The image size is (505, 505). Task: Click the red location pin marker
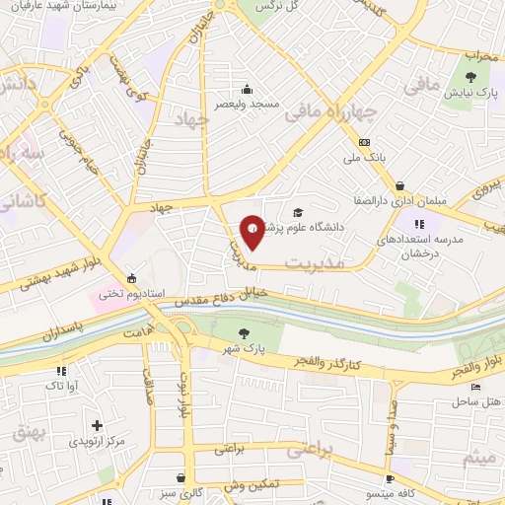(x=252, y=231)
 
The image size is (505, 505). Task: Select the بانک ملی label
(x=364, y=157)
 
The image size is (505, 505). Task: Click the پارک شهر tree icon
(x=244, y=334)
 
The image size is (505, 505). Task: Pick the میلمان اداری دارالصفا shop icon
(x=399, y=185)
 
